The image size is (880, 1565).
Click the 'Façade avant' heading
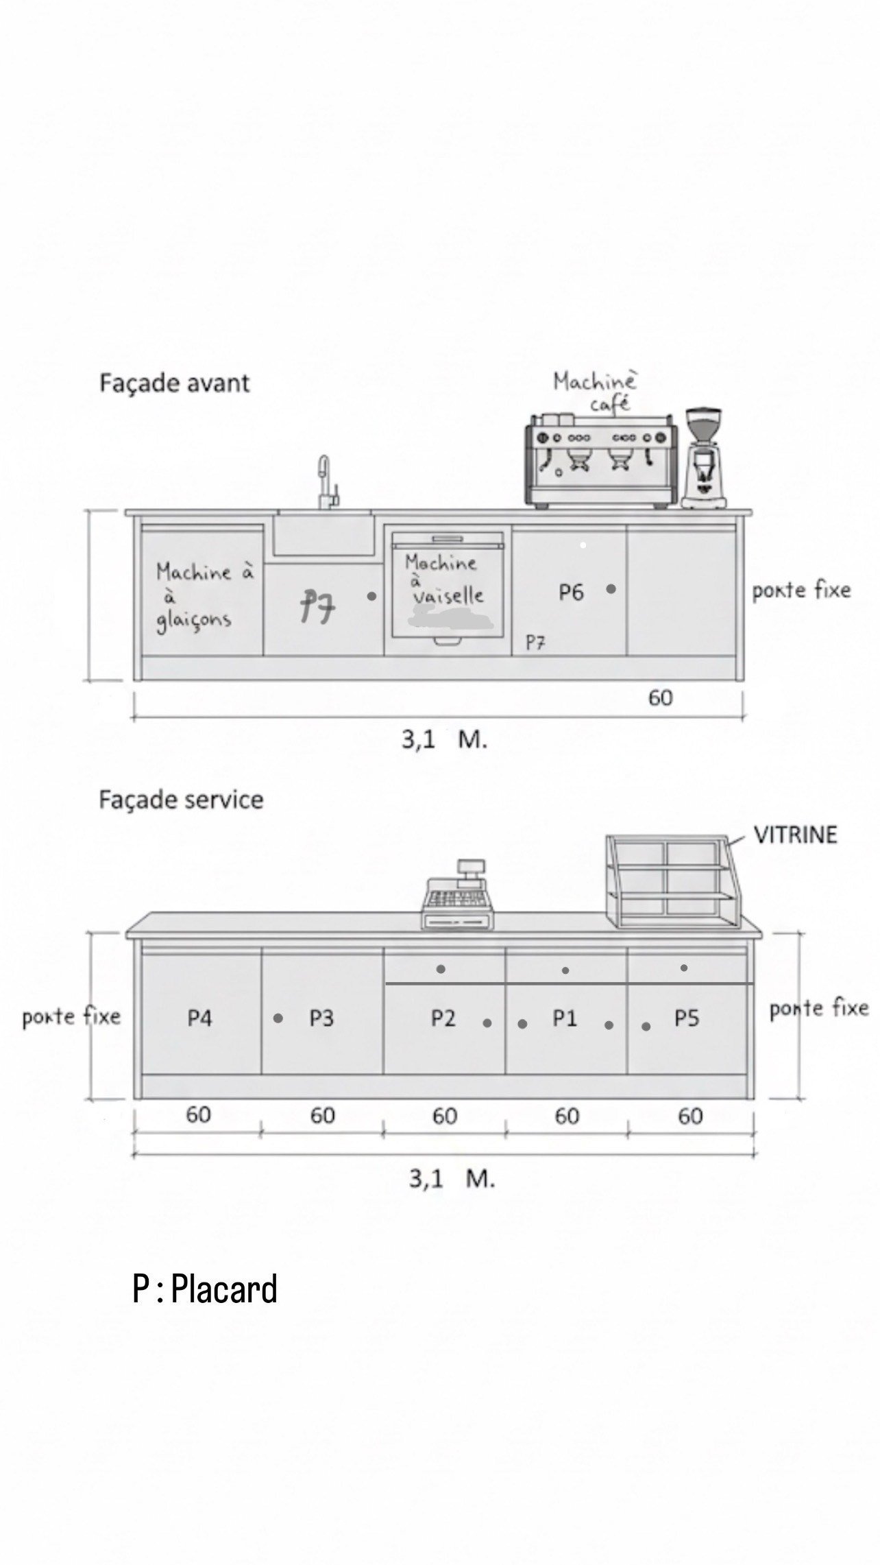point(175,383)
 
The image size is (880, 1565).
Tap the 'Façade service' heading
point(181,800)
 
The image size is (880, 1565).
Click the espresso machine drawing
point(601,461)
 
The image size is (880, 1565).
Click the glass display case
point(673,883)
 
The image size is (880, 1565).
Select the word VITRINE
point(795,835)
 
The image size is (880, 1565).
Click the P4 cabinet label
point(199,1018)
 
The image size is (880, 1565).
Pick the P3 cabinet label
point(321,1018)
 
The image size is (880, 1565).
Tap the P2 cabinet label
point(443,1018)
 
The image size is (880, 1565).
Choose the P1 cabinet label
point(565,1018)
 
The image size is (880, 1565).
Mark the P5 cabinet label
point(686,1018)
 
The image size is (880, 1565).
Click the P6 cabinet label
point(571,592)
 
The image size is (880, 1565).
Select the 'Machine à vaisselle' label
point(444,580)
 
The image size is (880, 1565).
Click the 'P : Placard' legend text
point(205,1289)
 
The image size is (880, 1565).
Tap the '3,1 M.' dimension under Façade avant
point(444,740)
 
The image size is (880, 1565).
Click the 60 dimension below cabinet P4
point(198,1114)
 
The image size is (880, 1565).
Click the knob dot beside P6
point(611,588)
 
